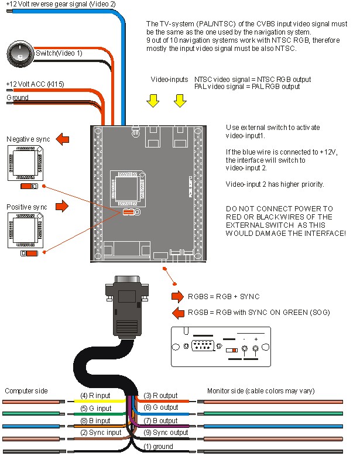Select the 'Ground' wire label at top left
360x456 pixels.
17,97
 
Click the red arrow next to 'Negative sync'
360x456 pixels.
61,139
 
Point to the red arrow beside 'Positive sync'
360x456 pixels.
61,207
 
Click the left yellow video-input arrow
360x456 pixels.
153,101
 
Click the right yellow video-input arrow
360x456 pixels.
179,101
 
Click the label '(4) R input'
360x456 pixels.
95,396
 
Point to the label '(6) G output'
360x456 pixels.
160,407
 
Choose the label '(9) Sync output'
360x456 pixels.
166,433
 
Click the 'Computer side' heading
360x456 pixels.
26,390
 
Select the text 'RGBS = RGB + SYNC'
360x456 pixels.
224,296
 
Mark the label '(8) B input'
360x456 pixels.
95,420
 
